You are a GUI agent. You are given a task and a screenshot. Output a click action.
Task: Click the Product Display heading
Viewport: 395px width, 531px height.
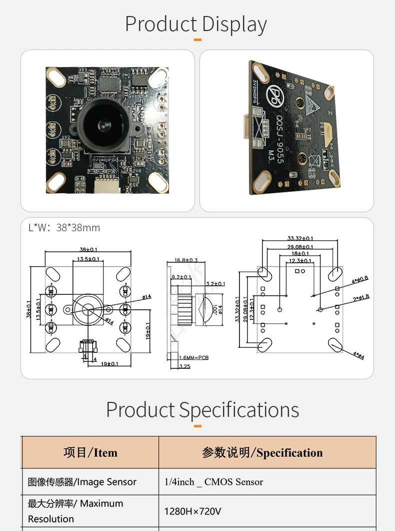pos(196,24)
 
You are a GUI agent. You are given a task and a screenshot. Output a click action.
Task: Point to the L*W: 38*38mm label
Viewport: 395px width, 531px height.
pos(64,228)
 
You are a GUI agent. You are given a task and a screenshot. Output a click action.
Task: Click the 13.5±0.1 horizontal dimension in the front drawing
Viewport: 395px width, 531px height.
pos(88,259)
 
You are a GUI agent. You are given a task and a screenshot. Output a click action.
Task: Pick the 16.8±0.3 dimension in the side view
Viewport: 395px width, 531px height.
pos(186,260)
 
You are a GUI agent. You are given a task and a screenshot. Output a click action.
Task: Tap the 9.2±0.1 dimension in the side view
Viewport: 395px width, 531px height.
pos(181,277)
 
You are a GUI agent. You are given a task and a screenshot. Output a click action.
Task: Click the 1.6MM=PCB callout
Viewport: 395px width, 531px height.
pos(193,358)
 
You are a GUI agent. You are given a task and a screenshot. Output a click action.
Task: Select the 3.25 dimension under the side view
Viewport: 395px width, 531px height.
pos(184,366)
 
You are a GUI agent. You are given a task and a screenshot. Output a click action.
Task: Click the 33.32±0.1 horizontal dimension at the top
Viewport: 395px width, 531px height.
pos(300,239)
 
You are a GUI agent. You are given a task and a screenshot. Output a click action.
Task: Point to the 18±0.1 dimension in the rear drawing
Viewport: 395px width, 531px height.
pos(300,254)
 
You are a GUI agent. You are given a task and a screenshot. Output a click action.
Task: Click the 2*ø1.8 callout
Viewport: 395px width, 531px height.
pos(360,297)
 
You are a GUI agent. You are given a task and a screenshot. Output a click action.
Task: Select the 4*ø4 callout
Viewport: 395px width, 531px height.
pos(358,356)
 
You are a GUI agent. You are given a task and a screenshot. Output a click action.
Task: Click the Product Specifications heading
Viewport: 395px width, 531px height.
pos(202,410)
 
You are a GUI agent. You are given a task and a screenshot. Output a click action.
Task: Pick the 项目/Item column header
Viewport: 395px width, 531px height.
pos(90,453)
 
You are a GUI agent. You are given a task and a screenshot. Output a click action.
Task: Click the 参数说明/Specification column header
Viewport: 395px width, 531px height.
pos(262,453)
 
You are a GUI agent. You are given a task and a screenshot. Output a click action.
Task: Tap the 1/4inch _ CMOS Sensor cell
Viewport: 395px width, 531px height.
pos(213,482)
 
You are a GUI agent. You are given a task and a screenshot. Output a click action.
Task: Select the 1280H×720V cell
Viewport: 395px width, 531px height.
pos(192,511)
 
